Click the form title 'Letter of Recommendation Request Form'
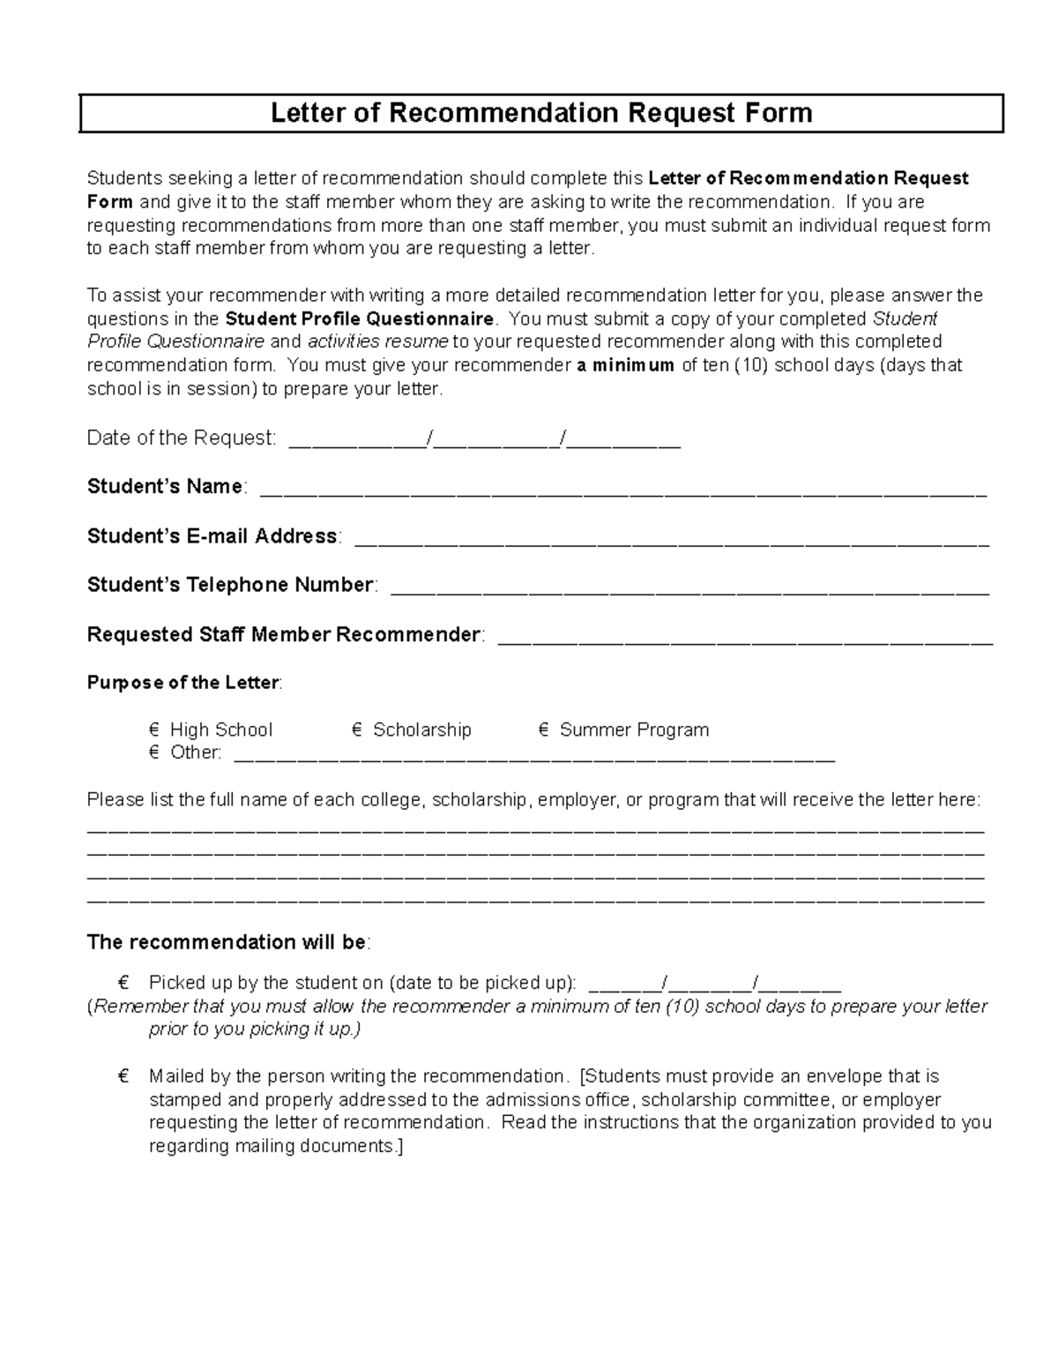point(540,113)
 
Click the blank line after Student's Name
point(622,492)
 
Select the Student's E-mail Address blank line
point(671,542)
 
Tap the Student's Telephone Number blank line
point(689,591)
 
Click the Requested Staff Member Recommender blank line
point(745,640)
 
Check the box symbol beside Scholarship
point(356,730)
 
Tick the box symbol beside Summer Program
point(543,730)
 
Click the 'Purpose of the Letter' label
point(183,683)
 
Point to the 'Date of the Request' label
point(181,438)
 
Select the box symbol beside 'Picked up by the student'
point(123,983)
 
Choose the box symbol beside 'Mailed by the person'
point(123,1076)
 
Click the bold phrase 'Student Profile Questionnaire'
point(360,318)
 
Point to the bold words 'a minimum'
point(625,365)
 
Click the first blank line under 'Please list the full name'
point(535,831)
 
